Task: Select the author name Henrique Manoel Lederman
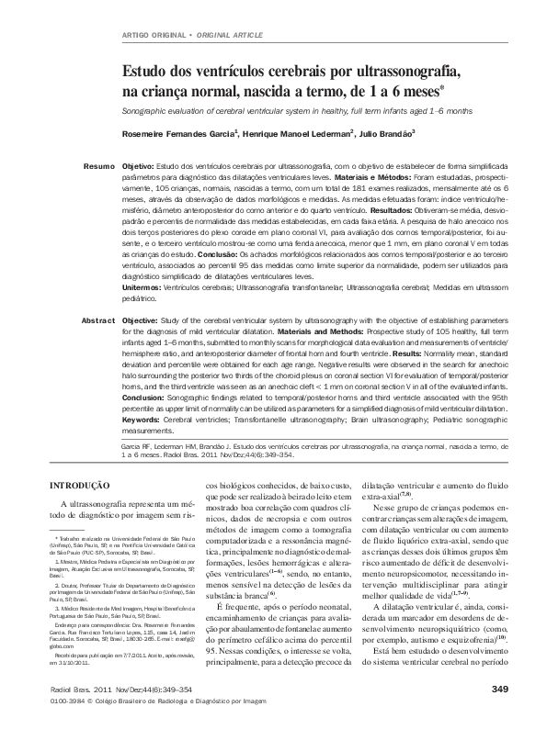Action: point(302,133)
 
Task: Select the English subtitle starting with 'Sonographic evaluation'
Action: point(297,110)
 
